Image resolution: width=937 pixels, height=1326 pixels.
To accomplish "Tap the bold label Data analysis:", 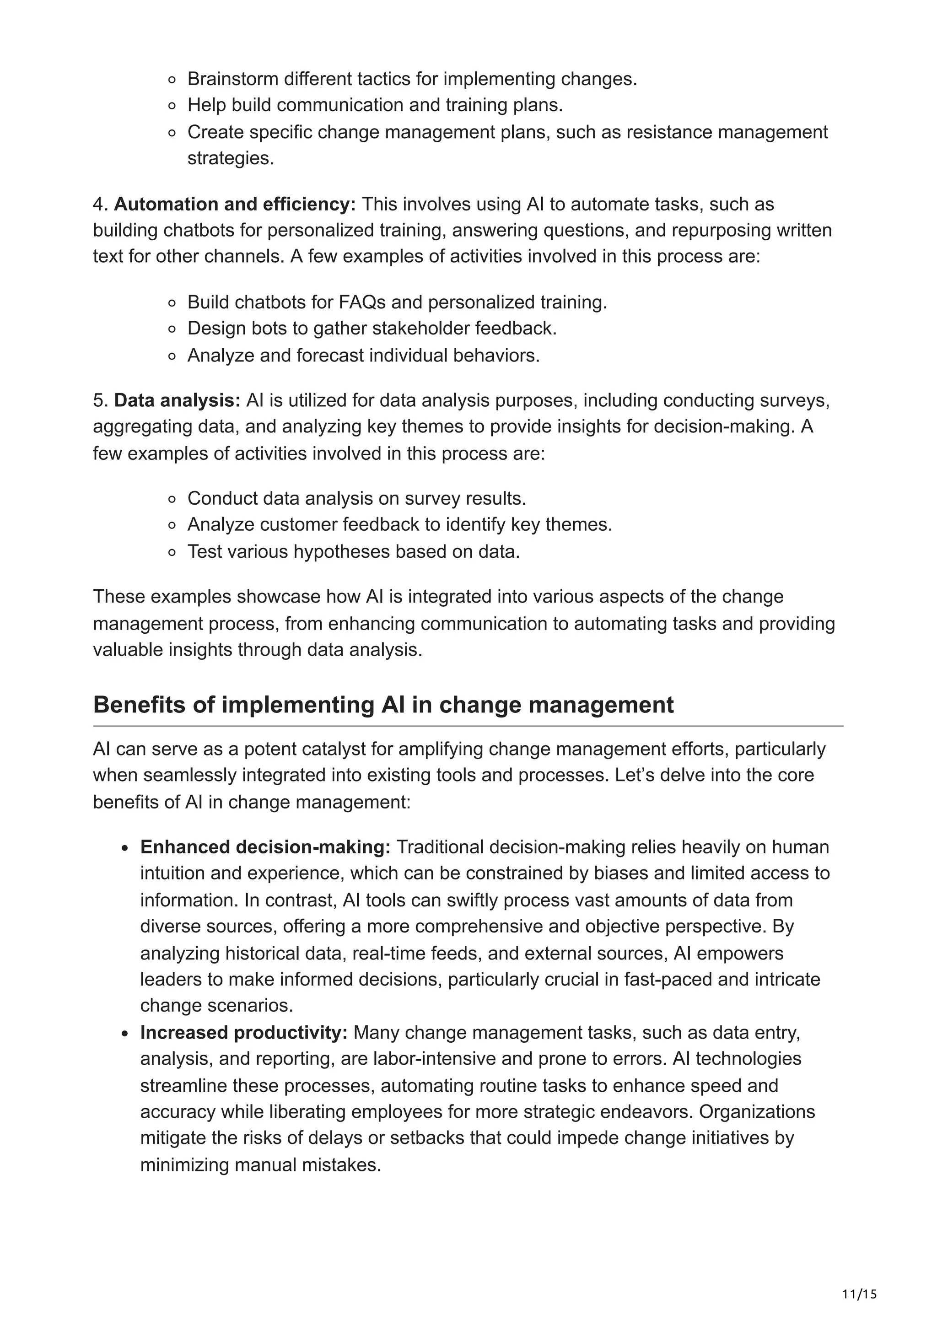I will [177, 400].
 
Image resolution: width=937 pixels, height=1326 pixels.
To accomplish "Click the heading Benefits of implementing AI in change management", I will [383, 705].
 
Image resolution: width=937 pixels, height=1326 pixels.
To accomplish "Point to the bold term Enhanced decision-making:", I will [265, 847].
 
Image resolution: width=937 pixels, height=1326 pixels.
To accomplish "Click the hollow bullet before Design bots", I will [172, 329].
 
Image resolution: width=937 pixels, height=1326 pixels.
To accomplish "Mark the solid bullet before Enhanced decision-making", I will [125, 848].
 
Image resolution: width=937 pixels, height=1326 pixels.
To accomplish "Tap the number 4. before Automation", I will [101, 205].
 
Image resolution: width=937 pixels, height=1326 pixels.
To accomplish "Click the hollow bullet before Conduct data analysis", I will [172, 499].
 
